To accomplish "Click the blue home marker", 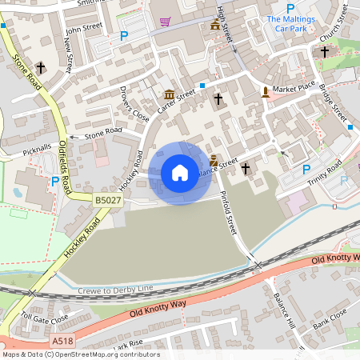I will click(x=180, y=173).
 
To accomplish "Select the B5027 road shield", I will click(x=108, y=200).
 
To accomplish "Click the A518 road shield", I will click(x=62, y=341).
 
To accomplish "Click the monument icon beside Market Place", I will click(x=266, y=92).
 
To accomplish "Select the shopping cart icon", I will click(x=165, y=22).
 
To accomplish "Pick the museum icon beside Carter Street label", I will click(x=170, y=94).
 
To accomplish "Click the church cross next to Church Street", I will click(x=325, y=53).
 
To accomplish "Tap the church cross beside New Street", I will click(x=40, y=67).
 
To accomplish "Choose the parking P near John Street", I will click(x=124, y=36).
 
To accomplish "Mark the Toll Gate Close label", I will click(x=45, y=318).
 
